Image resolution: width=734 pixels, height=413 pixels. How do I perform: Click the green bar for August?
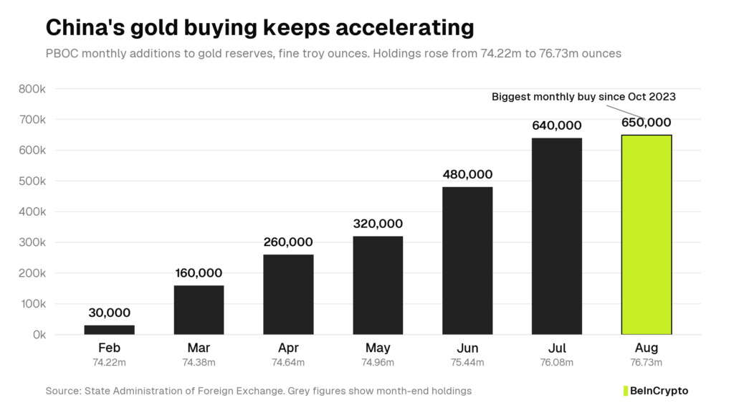[x=647, y=234]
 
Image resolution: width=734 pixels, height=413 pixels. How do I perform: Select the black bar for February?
[x=109, y=330]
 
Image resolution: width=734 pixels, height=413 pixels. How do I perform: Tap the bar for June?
[x=467, y=261]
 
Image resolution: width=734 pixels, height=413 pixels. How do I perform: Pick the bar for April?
[x=288, y=295]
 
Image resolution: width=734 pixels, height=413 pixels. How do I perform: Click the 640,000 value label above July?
[x=556, y=125]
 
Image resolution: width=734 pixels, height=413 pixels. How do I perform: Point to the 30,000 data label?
[x=109, y=313]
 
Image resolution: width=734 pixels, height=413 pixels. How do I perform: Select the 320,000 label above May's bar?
[x=378, y=224]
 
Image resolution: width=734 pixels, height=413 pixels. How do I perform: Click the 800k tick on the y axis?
[x=32, y=89]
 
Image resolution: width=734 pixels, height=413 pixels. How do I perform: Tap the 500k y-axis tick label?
[x=32, y=181]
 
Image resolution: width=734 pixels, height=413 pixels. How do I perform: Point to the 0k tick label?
[x=39, y=335]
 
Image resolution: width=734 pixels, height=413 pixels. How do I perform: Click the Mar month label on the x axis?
[x=199, y=348]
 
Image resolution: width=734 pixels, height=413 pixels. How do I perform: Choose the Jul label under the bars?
[x=556, y=348]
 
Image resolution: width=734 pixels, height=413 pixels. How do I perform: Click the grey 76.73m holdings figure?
[x=646, y=362]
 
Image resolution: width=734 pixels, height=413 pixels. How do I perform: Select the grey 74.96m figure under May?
[x=378, y=362]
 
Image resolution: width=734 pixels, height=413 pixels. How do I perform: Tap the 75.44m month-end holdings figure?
[x=467, y=362]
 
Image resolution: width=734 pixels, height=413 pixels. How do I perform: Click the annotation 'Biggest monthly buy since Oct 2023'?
[x=583, y=97]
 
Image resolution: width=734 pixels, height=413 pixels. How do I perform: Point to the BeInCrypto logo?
[x=656, y=391]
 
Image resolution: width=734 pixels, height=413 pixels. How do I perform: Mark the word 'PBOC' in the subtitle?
[x=62, y=53]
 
